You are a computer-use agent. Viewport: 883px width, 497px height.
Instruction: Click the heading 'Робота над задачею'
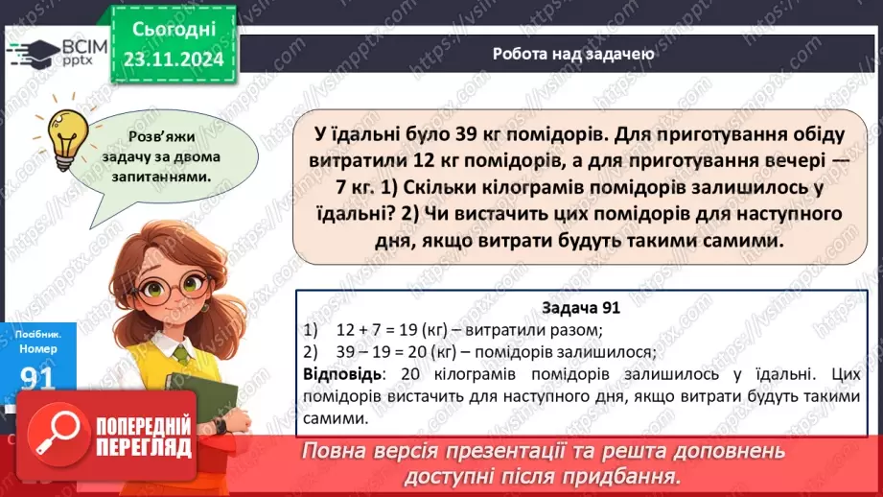[573, 54]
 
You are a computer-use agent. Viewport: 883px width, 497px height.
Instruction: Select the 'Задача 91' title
[581, 308]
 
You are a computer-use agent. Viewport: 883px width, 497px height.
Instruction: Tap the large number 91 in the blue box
[37, 380]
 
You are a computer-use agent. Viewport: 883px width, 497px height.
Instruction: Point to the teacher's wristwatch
[221, 423]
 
